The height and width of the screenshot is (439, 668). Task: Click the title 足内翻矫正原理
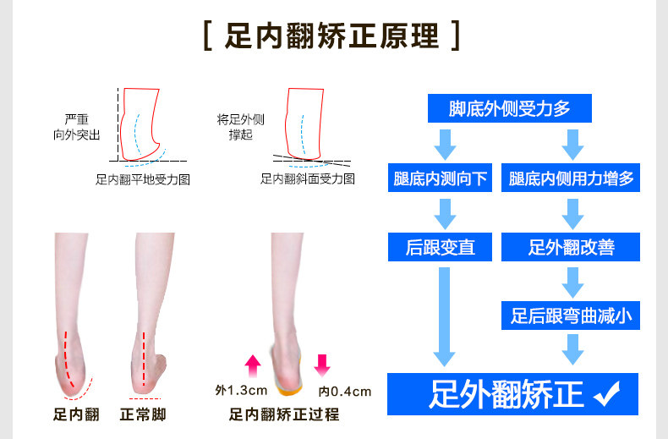[x=333, y=37]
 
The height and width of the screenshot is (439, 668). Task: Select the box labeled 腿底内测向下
[x=441, y=178]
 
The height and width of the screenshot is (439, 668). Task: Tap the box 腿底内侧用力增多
[x=572, y=178]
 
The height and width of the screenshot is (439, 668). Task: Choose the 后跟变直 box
[x=441, y=247]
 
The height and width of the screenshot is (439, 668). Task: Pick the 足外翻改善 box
[x=572, y=247]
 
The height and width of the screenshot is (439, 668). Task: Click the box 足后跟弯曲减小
[x=572, y=316]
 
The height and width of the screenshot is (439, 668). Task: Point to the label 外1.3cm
[x=241, y=391]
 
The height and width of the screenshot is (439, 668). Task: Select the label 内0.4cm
[x=345, y=391]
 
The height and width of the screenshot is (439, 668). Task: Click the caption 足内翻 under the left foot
[x=77, y=414]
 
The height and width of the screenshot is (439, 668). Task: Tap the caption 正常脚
[x=143, y=414]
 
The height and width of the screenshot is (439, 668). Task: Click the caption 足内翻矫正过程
[x=284, y=414]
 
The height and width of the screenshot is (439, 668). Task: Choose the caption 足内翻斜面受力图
[x=308, y=179]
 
